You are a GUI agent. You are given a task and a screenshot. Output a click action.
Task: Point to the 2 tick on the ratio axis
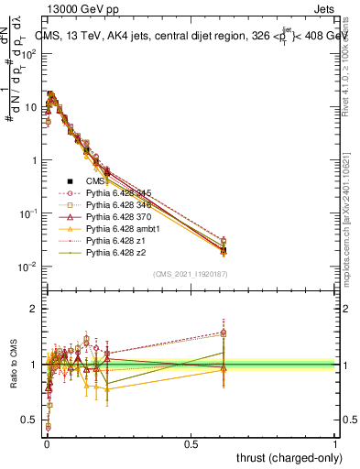(34, 309)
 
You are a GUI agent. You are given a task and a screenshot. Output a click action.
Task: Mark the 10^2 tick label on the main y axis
(28, 53)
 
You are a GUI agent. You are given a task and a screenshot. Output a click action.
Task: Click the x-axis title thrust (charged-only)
(284, 458)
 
